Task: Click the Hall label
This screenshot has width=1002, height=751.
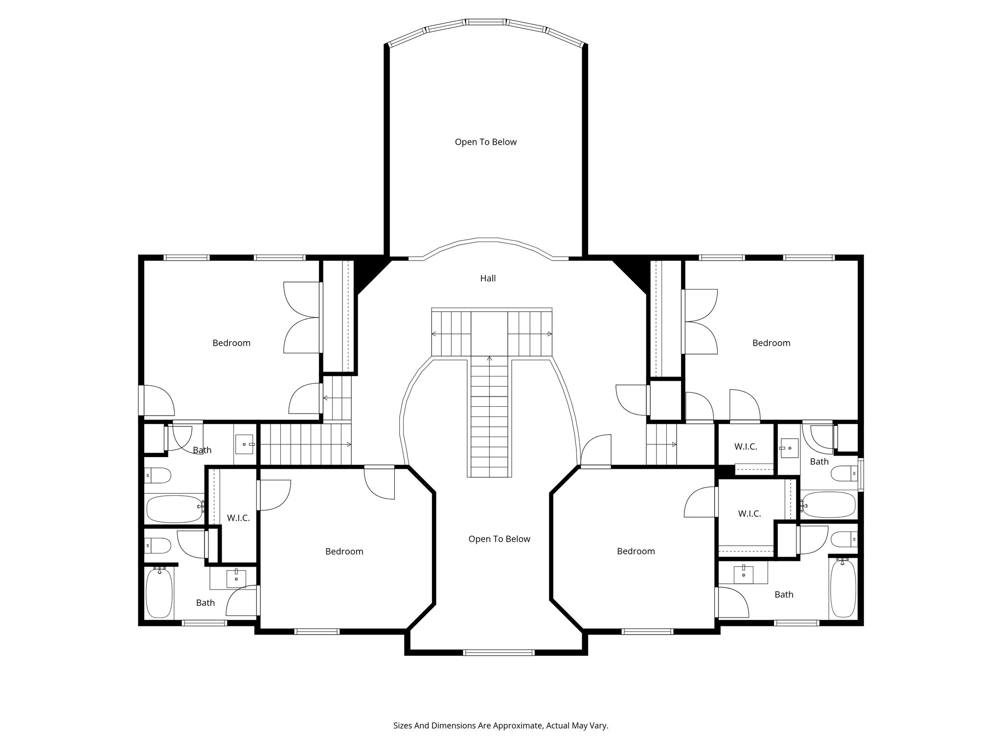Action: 488,279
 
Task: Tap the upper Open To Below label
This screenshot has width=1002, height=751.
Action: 485,142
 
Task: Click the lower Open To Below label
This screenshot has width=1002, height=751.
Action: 499,539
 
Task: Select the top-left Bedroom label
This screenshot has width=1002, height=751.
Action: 231,343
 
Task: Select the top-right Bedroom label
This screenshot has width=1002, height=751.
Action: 771,343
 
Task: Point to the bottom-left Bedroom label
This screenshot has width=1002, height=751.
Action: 344,552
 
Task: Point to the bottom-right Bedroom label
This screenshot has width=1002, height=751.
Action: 636,552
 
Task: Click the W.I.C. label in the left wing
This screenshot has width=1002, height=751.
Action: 238,518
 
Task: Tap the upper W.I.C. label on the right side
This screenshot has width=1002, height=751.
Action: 746,447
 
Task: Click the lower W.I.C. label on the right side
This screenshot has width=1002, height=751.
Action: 749,514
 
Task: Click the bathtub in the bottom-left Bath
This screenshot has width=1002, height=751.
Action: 159,592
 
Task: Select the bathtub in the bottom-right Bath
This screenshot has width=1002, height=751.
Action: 843,588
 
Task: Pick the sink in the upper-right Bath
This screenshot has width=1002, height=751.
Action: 786,448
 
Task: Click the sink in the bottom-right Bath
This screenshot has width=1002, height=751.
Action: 744,572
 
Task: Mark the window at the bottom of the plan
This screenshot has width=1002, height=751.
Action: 499,652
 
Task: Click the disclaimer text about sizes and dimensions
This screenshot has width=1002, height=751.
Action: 501,726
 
